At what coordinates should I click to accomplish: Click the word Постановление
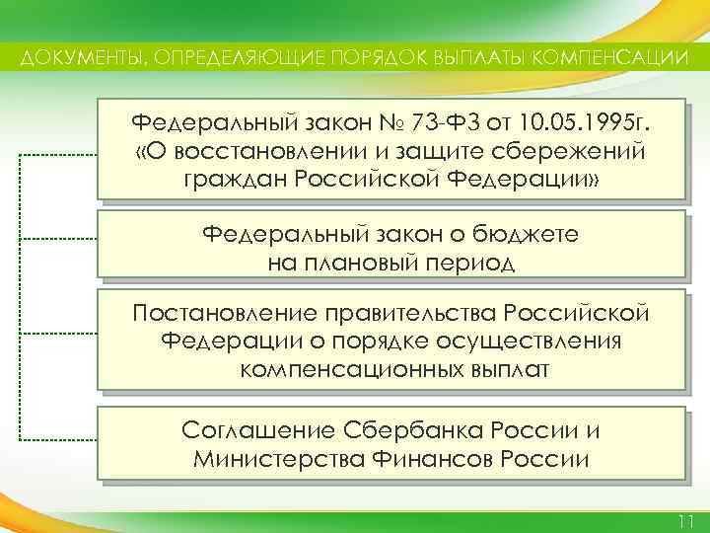(221, 314)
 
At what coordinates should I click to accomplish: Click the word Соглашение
(258, 431)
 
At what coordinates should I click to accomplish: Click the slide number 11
(686, 520)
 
